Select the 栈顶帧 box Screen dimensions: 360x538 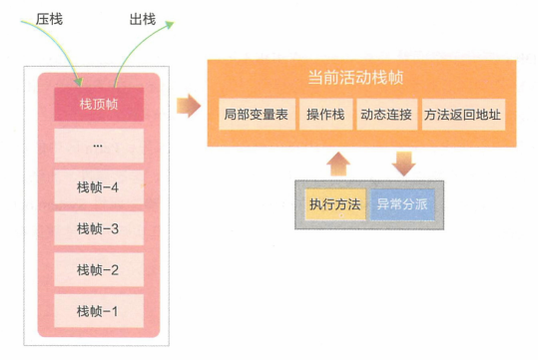pos(98,103)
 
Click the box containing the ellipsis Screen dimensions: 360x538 pos(98,145)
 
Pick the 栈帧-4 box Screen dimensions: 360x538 pos(98,186)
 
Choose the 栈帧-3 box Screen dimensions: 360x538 pos(98,228)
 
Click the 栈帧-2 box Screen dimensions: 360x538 pos(98,269)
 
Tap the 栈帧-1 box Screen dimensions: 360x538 pos(98,311)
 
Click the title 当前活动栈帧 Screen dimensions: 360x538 pos(362,78)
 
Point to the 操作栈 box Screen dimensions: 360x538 pos(325,115)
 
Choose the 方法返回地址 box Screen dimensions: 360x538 pos(462,115)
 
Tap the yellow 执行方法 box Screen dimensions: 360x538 pos(334,205)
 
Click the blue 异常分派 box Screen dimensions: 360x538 pos(403,205)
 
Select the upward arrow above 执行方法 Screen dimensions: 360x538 pos(338,163)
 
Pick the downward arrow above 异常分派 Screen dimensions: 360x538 pos(403,162)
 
